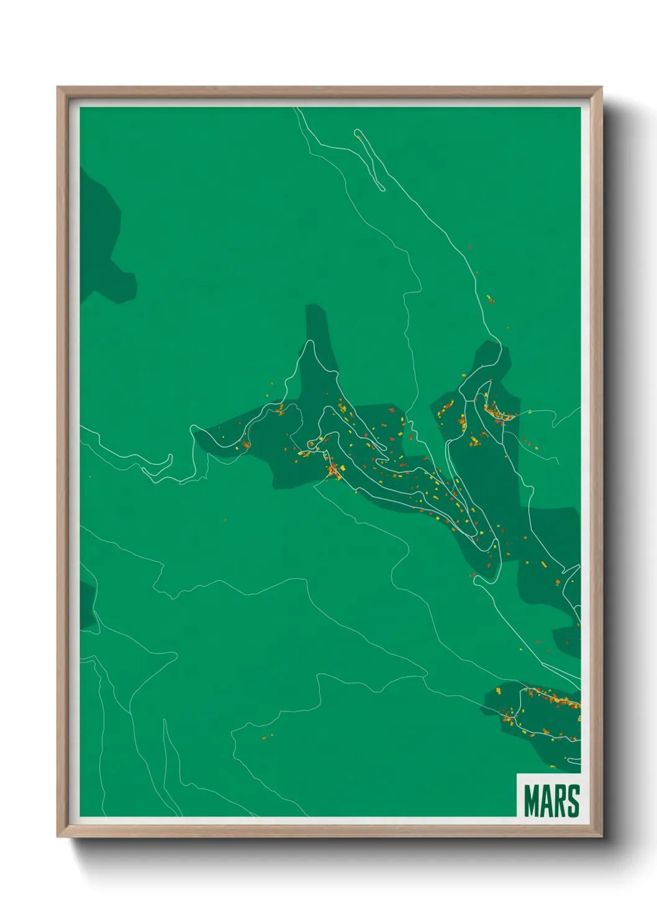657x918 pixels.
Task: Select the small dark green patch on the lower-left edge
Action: [x=87, y=605]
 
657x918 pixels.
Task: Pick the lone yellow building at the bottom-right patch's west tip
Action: [x=498, y=690]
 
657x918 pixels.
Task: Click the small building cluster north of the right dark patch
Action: [x=489, y=300]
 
